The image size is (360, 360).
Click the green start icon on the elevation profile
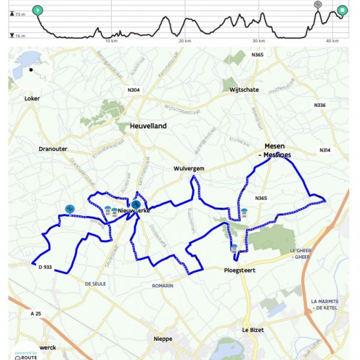click(38, 10)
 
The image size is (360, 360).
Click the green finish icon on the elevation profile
click(342, 10)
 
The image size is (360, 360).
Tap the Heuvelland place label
click(148, 127)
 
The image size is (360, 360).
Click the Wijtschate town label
click(244, 90)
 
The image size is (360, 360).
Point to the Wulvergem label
click(189, 169)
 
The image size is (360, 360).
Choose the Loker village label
click(32, 98)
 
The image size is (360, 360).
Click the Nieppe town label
click(163, 339)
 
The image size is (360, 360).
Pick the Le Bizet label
click(253, 330)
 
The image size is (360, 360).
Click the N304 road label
click(134, 91)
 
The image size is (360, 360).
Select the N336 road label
click(320, 105)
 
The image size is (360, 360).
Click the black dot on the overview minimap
click(31, 70)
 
